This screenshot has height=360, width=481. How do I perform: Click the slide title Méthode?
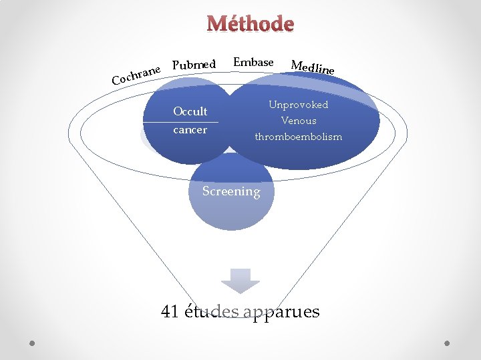[251, 24]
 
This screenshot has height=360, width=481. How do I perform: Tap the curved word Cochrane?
[137, 74]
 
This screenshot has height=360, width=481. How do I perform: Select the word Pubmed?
[194, 65]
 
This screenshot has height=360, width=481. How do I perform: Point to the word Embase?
[253, 62]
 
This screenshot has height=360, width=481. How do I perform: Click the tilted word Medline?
[313, 67]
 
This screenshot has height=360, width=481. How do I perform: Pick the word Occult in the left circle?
[190, 111]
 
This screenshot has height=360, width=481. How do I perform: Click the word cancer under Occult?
[190, 129]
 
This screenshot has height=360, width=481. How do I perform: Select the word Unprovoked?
[298, 105]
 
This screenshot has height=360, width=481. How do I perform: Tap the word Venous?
[299, 121]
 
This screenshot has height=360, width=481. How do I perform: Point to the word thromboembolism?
[298, 137]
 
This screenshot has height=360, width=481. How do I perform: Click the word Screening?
[231, 191]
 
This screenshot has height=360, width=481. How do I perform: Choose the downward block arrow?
[240, 280]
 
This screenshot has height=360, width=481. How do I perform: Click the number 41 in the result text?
[170, 311]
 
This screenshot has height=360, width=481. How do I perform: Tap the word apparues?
[282, 311]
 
